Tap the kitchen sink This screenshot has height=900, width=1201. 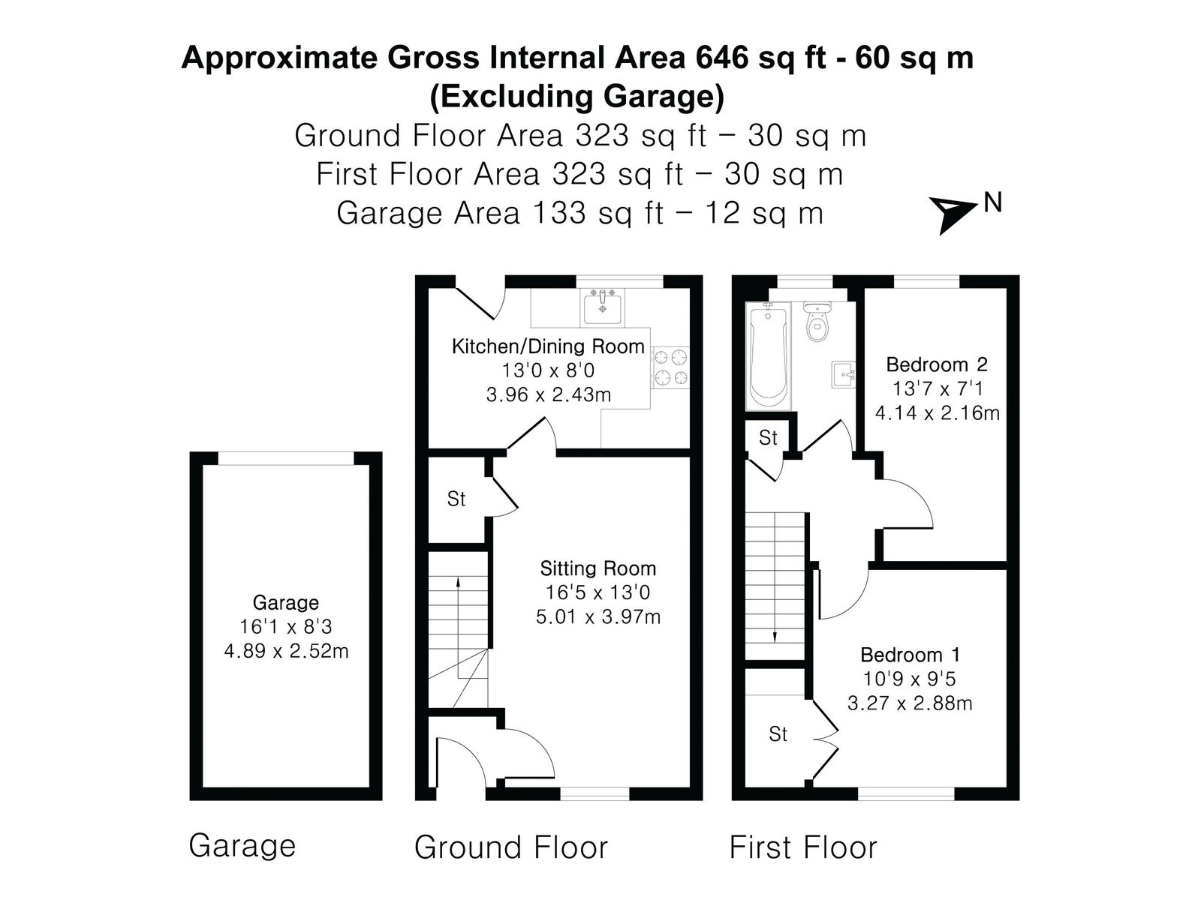coord(602,307)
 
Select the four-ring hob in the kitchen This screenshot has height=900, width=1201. coord(671,367)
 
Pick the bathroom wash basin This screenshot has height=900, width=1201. coord(843,374)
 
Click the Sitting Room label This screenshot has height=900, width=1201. coord(598,568)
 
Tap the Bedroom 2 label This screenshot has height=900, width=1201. coord(937,364)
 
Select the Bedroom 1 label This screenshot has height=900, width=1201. coord(909,655)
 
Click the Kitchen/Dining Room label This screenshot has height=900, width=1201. coord(548,346)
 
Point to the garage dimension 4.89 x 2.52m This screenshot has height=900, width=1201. coord(286,651)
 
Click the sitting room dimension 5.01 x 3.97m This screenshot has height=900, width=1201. coord(598,617)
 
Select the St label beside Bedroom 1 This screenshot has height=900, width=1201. coord(778,734)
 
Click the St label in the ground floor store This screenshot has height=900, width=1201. coord(456,499)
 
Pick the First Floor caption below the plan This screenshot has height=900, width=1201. coord(803,847)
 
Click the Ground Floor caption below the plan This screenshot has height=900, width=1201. coord(511,847)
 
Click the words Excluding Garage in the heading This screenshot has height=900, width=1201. coord(577,96)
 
